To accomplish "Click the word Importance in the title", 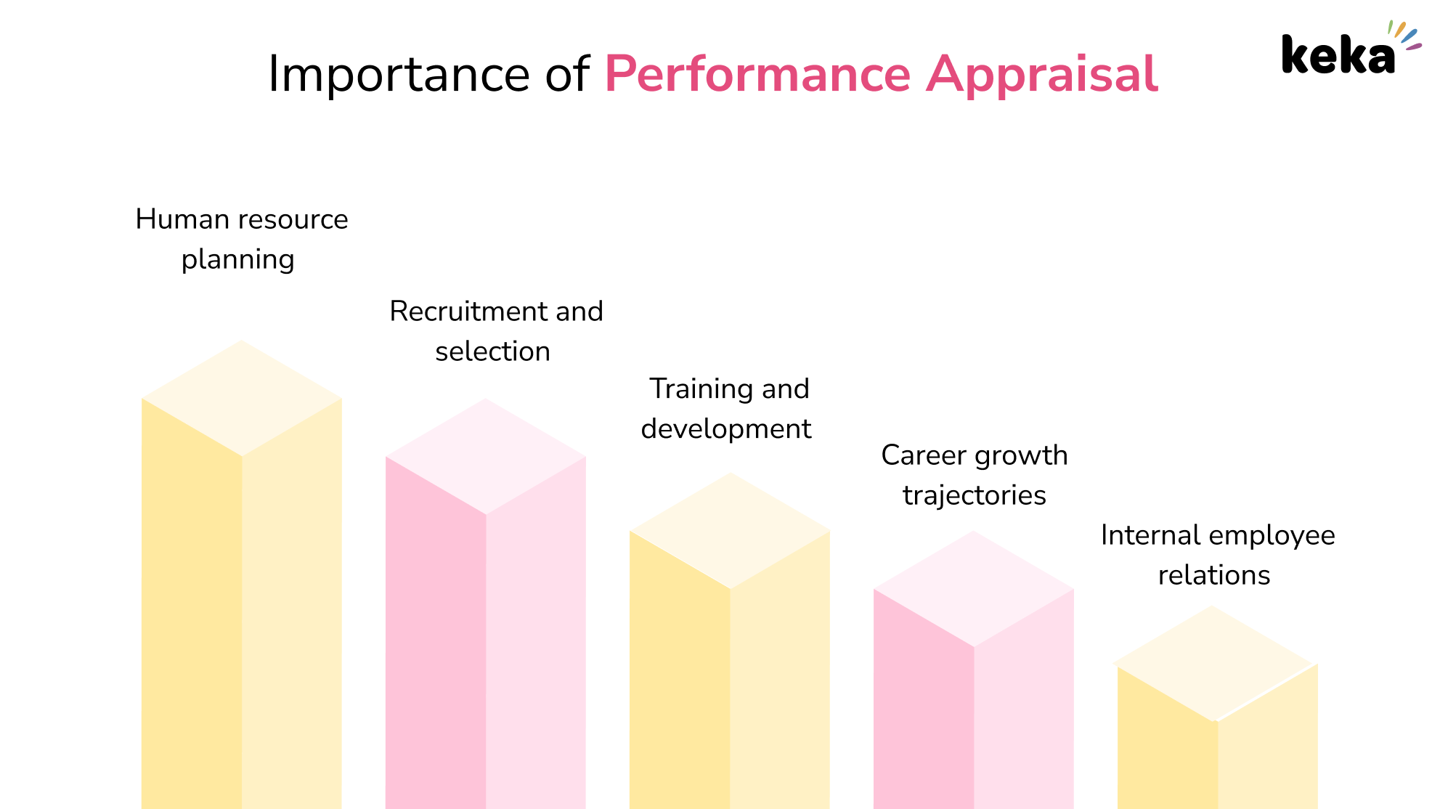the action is pyautogui.click(x=399, y=76).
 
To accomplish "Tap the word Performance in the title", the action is pyautogui.click(x=757, y=74).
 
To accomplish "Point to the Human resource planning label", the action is pyautogui.click(x=241, y=239).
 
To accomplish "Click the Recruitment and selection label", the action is pyautogui.click(x=496, y=331).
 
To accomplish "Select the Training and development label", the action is pyautogui.click(x=726, y=409).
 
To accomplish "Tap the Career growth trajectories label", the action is pyautogui.click(x=975, y=475).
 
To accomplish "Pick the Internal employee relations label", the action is pyautogui.click(x=1218, y=555).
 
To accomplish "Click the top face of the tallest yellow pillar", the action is pyautogui.click(x=242, y=398).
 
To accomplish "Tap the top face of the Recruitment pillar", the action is pyautogui.click(x=486, y=456).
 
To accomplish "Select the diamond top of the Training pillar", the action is pyautogui.click(x=730, y=531).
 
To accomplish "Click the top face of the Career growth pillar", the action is pyautogui.click(x=974, y=589).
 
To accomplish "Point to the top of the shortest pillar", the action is pyautogui.click(x=1215, y=664).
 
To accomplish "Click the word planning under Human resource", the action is pyautogui.click(x=237, y=260).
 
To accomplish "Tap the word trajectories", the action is pyautogui.click(x=975, y=495).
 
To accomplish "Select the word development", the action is pyautogui.click(x=726, y=429).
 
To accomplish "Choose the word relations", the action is pyautogui.click(x=1214, y=575).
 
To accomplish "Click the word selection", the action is pyautogui.click(x=492, y=351).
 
